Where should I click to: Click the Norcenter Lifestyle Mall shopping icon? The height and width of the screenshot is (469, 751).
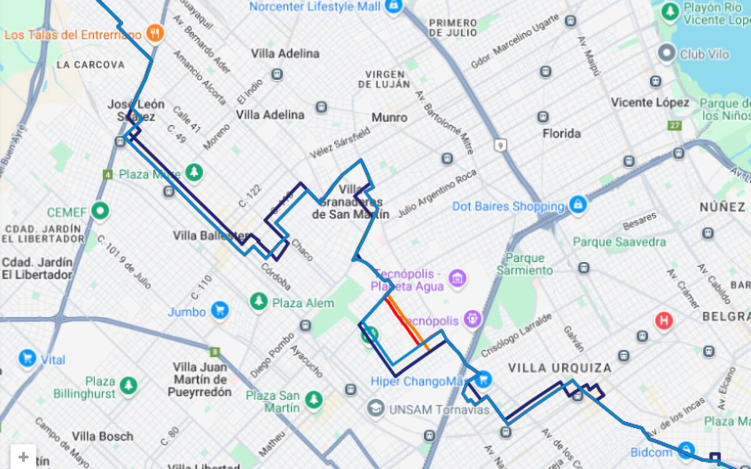coord(393,7)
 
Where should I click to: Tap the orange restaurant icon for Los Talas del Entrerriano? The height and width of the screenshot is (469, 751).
coord(155,34)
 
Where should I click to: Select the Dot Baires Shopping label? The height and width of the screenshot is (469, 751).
coord(508,206)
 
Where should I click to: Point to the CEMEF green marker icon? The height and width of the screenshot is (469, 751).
coord(100,212)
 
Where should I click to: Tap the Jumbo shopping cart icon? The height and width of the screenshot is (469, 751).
coord(219,311)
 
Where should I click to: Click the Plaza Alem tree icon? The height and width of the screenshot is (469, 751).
coord(258,302)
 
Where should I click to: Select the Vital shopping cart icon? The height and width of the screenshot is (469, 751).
coord(27,359)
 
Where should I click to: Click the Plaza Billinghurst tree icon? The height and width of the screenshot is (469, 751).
coord(129,386)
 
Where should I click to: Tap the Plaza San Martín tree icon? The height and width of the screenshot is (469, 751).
coord(314,399)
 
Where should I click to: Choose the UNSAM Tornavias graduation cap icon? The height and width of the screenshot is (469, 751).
coord(375,409)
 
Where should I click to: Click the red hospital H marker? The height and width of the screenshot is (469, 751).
coord(663,321)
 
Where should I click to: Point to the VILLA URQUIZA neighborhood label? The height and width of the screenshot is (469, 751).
coord(559,368)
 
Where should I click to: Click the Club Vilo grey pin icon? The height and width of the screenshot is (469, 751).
coord(667,54)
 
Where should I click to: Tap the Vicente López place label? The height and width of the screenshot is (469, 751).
coord(650,102)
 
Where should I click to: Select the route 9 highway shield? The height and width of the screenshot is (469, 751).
coord(499,145)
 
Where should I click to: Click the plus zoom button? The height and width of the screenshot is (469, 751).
coord(23,456)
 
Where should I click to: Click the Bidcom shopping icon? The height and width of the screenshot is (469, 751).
coord(687,450)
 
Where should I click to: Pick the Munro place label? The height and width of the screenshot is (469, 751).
coord(389,117)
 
